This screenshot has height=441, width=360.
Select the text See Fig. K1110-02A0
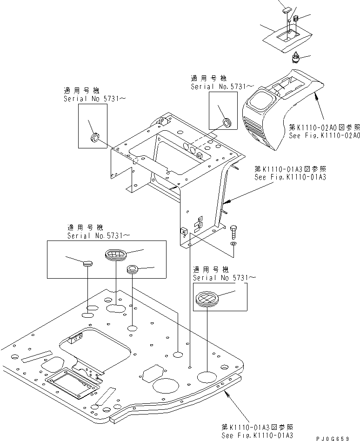point(324,136)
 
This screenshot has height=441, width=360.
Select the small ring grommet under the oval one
point(133,269)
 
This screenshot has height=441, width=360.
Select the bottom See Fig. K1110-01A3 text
point(257,434)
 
